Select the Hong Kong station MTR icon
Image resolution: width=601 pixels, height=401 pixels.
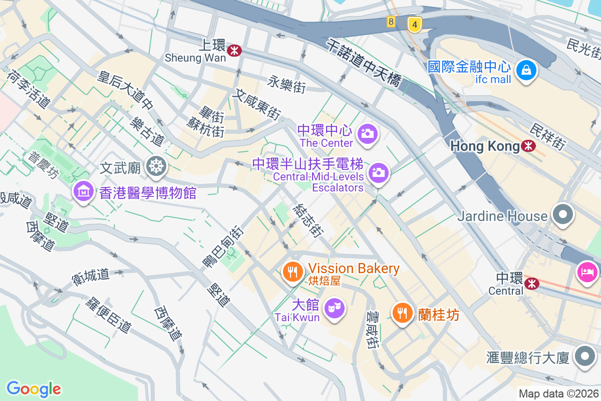[528, 146]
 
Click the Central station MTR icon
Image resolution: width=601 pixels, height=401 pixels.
[531, 284]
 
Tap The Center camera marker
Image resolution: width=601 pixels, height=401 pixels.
[368, 133]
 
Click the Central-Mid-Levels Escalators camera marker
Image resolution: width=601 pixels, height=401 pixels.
[379, 173]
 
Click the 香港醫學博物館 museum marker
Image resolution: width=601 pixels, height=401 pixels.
[83, 191]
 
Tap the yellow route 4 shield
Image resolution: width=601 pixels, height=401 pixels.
[414, 24]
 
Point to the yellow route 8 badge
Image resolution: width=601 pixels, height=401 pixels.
[391, 22]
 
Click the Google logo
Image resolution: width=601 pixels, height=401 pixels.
[34, 388]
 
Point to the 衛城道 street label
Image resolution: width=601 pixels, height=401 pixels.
[91, 277]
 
